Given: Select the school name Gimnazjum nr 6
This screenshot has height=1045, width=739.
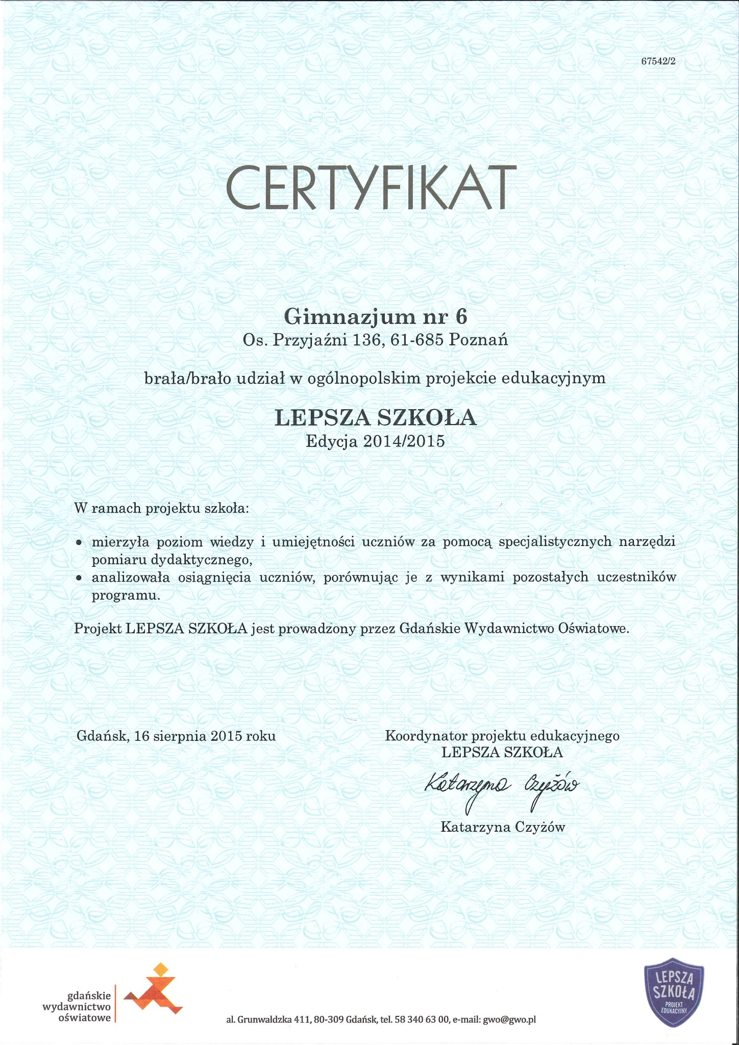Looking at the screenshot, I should [x=375, y=317].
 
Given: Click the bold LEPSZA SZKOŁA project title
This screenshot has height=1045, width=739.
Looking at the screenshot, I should [x=376, y=417].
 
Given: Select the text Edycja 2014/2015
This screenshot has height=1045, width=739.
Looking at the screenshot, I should [x=375, y=440].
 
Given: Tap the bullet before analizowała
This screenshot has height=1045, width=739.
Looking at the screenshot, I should [x=79, y=579].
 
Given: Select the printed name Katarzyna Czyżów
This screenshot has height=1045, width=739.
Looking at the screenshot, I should [x=503, y=827].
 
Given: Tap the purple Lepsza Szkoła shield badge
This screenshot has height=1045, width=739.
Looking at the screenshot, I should [x=675, y=988].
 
